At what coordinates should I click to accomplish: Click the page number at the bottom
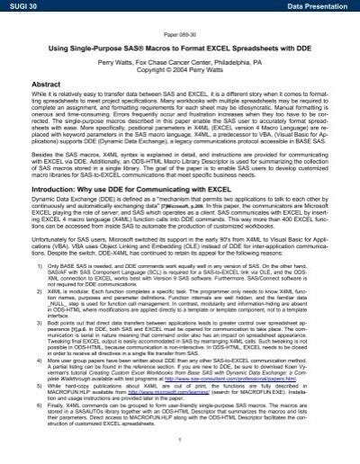click(x=180, y=455)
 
